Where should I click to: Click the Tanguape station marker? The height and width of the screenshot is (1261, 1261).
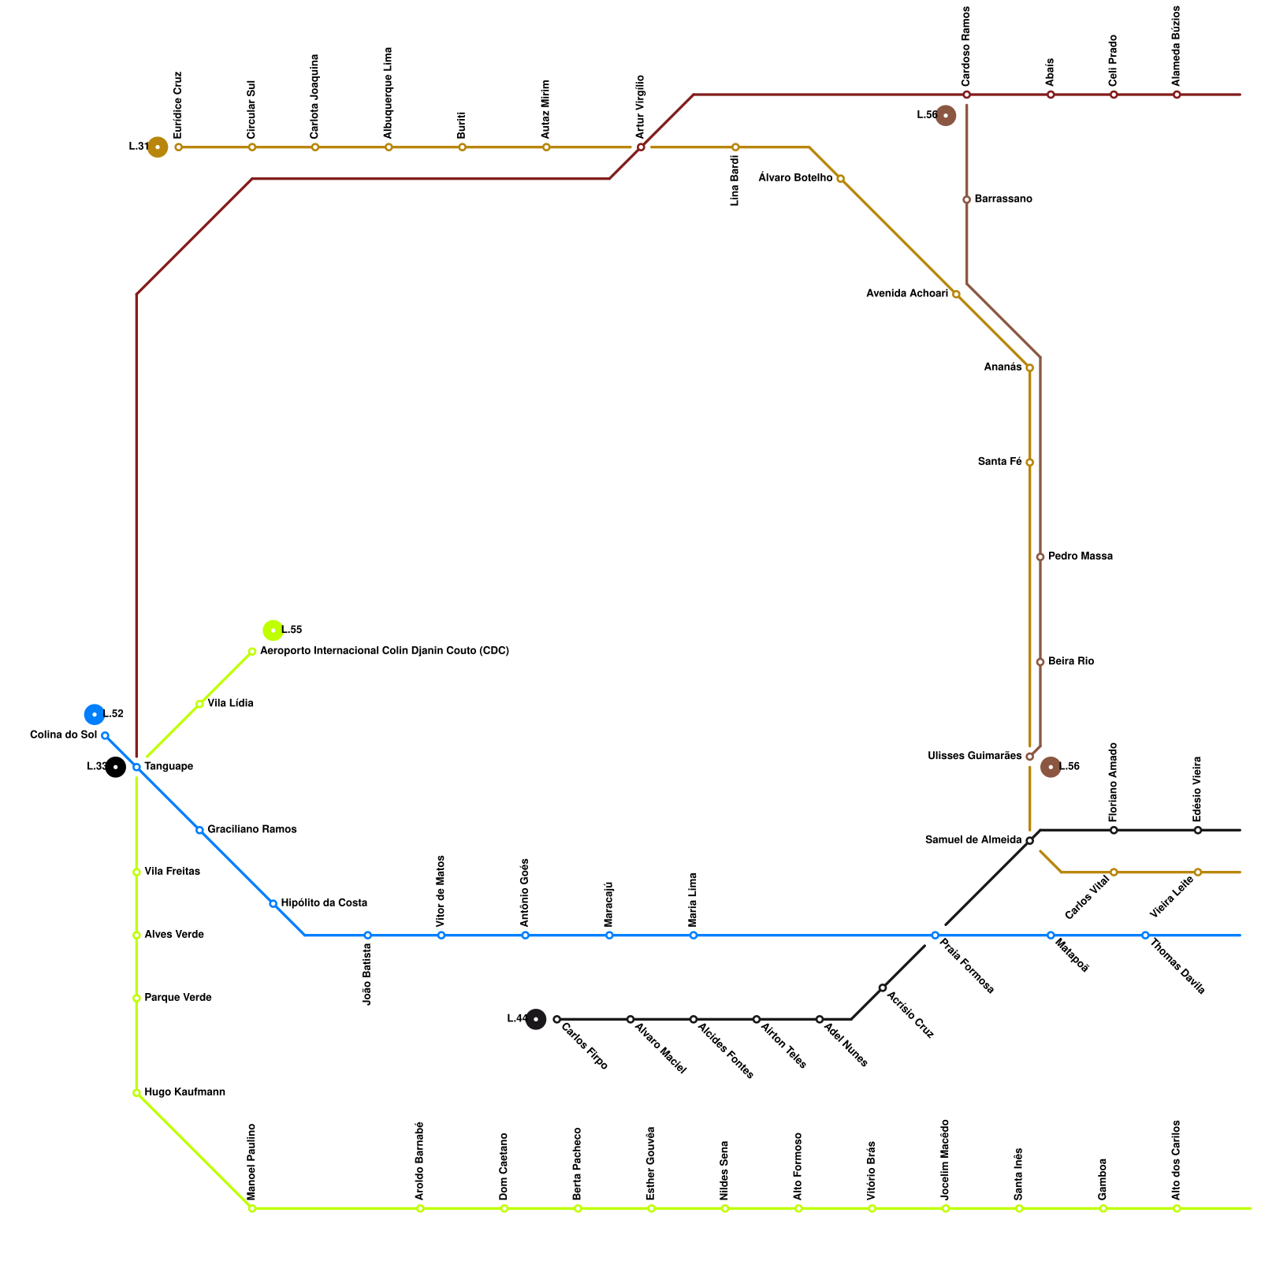[136, 767]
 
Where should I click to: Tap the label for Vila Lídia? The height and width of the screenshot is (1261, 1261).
[230, 703]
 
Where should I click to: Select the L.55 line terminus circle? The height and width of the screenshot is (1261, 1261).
[273, 630]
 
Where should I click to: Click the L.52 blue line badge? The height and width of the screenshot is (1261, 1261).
[95, 714]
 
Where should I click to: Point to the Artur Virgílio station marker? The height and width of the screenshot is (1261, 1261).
[641, 147]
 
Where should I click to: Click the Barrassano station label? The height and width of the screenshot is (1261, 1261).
[1002, 199]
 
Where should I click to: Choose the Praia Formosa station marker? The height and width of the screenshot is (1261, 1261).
[935, 936]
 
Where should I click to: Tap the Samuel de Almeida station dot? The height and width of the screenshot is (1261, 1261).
[1029, 841]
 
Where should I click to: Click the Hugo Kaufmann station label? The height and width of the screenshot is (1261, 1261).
[184, 1092]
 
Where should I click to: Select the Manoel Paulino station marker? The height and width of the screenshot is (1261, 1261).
[251, 1208]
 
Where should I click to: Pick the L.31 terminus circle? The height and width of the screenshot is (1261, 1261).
[158, 147]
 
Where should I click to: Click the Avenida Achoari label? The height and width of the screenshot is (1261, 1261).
[906, 294]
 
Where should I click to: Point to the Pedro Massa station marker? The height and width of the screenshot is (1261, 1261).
[1040, 557]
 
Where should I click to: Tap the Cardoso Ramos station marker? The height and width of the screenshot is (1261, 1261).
[966, 95]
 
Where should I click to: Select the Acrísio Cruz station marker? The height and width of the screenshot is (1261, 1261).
[883, 988]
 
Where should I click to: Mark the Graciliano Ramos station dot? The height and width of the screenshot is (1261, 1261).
[199, 830]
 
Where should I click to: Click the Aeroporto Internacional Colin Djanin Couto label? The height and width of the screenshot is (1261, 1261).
[384, 651]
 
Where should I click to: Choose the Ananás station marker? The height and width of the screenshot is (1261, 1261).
[1029, 368]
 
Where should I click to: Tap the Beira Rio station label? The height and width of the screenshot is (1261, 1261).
[1070, 662]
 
